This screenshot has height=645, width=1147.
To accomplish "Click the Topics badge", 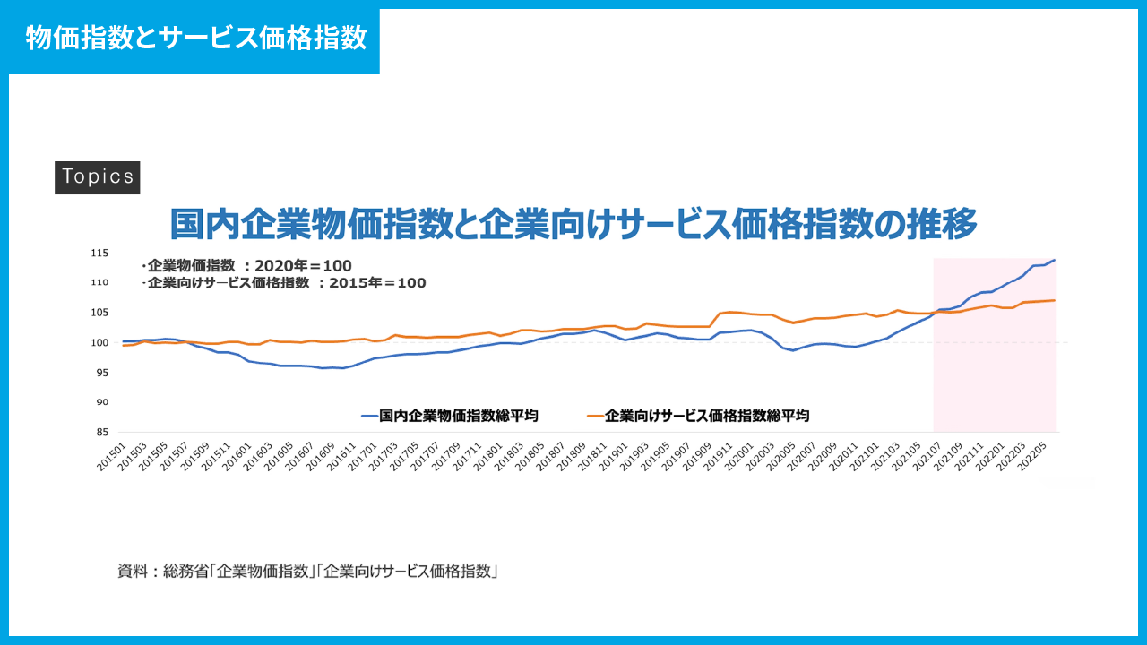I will click(98, 176).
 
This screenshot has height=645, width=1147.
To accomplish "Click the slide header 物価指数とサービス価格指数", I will click(195, 39).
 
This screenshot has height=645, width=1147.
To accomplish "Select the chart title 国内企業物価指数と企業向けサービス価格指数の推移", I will click(573, 223).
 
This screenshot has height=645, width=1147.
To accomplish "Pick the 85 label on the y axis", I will click(101, 432).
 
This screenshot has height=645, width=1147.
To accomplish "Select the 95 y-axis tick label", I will click(101, 373).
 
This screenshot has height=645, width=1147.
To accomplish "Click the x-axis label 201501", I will click(111, 452).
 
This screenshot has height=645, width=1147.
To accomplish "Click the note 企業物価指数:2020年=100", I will click(246, 266).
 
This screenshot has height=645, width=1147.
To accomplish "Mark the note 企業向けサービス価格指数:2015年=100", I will click(284, 283).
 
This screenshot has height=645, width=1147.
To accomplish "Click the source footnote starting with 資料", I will click(307, 571).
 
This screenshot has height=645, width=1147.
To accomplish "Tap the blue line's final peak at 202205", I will click(1055, 260).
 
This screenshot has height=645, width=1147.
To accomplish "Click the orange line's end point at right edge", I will click(1055, 300).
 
